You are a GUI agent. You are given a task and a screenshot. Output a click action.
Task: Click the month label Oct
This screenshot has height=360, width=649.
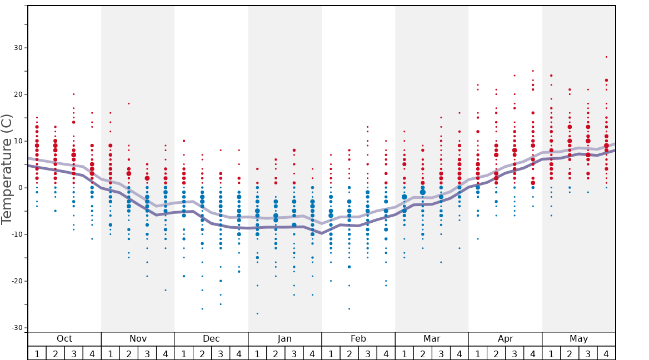pyautogui.click(x=64, y=339)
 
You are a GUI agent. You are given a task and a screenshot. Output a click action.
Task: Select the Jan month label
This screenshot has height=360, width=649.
pyautogui.click(x=284, y=339)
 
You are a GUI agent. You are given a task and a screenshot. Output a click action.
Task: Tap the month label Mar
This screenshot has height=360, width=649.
pyautogui.click(x=432, y=339)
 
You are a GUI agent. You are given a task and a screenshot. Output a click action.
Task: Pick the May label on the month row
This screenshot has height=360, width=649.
pyautogui.click(x=578, y=339)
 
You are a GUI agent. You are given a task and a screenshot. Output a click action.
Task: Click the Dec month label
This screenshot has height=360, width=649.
pyautogui.click(x=211, y=339)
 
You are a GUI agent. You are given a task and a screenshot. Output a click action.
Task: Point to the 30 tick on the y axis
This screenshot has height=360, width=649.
pyautogui.click(x=18, y=48)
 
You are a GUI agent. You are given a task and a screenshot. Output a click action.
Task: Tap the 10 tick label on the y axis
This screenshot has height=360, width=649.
pyautogui.click(x=18, y=141)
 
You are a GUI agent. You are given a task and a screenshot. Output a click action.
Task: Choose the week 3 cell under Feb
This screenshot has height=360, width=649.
pyautogui.click(x=367, y=353)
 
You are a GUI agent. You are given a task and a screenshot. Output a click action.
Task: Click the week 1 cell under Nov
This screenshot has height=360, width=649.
pyautogui.click(x=110, y=353)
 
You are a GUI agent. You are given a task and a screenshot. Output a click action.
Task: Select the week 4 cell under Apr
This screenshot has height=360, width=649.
pyautogui.click(x=532, y=353)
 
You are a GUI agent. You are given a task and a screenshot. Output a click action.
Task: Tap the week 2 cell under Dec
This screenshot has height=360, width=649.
pyautogui.click(x=202, y=353)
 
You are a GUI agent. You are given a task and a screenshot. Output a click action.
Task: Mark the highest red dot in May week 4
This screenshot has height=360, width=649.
pyautogui.click(x=606, y=57)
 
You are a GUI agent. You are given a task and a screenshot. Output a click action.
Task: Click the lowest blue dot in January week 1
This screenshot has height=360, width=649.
pyautogui.click(x=257, y=313)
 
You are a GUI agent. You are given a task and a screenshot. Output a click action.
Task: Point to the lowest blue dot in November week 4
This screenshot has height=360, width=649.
pyautogui.click(x=165, y=290)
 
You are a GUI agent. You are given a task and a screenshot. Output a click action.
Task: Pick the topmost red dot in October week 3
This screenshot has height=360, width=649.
pyautogui.click(x=73, y=94)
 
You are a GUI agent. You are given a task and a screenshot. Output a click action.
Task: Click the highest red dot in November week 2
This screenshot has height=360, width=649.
pyautogui.click(x=128, y=103)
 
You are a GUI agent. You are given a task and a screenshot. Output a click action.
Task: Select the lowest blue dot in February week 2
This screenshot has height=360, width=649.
pyautogui.click(x=349, y=309)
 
